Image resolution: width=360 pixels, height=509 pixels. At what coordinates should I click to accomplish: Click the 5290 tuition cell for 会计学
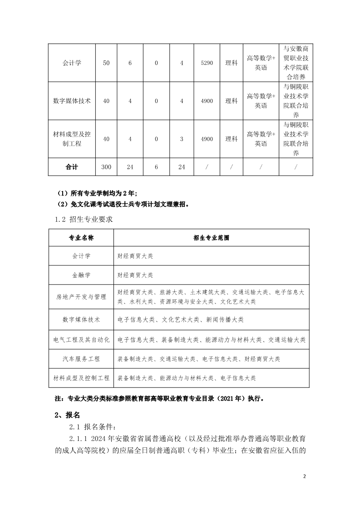pos(207,63)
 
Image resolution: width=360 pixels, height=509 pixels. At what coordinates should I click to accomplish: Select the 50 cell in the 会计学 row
pos(106,63)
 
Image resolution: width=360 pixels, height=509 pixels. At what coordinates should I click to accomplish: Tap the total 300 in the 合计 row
pos(106,167)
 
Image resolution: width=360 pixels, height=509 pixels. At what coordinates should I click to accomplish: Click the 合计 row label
pos(72,167)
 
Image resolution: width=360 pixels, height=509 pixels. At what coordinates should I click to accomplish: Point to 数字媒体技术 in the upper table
pos(72,101)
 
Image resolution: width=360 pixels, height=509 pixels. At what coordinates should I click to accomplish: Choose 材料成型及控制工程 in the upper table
pos(72,139)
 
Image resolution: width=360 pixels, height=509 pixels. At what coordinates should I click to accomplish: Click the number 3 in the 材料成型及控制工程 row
pos(182,139)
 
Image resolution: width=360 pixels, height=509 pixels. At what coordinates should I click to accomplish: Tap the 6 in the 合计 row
pos(156,167)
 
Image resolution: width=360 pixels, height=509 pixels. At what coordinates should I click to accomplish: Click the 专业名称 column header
pos(81,238)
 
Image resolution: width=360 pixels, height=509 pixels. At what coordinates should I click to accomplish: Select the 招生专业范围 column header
pos(211,238)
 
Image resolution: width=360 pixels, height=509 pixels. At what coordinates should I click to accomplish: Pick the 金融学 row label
pos(81,275)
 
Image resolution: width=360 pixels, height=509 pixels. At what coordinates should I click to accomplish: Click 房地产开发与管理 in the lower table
pos(81,297)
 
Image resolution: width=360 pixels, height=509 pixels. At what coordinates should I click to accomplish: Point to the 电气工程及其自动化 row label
pos(81,339)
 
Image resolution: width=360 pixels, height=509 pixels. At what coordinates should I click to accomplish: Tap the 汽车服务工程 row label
pos(81,359)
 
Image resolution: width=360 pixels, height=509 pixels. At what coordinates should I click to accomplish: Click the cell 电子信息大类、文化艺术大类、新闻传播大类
pos(180,319)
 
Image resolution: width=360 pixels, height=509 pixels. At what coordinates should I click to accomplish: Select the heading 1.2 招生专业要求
pos(84,219)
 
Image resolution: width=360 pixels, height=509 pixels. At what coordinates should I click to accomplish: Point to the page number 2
pos(305,477)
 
